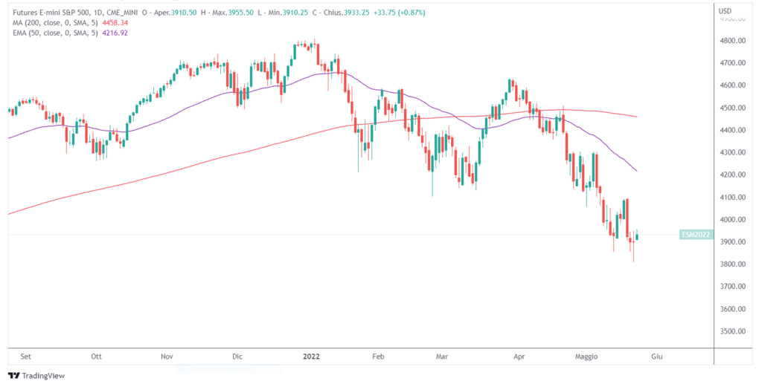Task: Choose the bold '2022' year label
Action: pos(311,357)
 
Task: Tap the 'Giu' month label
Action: pos(656,357)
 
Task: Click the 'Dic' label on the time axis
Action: pos(237,357)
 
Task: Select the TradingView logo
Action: pos(36,375)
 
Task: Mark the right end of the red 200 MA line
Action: pos(637,117)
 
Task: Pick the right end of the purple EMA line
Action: pos(637,171)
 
